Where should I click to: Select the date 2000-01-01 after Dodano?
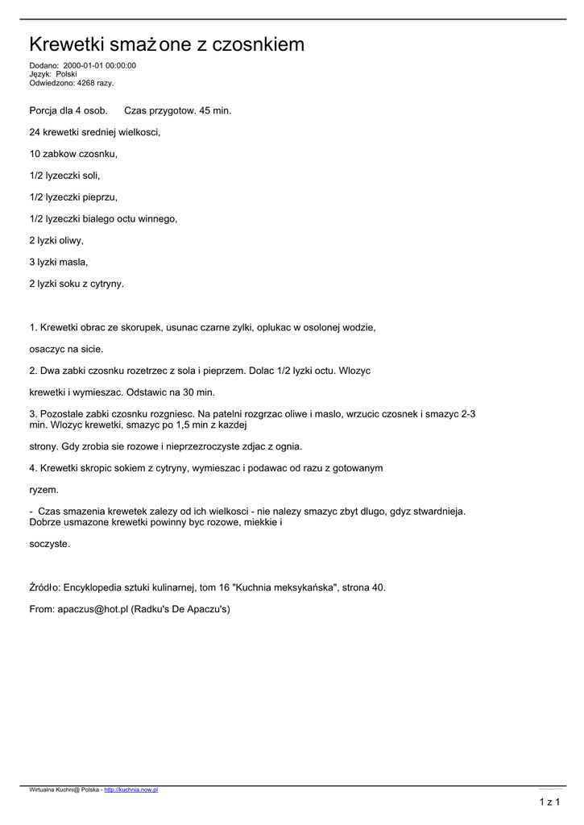pyautogui.click(x=81, y=66)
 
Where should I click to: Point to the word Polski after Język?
pyautogui.click(x=66, y=74)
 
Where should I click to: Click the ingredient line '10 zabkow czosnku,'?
pyautogui.click(x=73, y=153)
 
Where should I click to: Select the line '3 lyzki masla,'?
pyautogui.click(x=59, y=262)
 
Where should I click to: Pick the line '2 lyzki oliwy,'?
pyautogui.click(x=56, y=240)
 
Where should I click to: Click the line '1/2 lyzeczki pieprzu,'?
pyautogui.click(x=73, y=197)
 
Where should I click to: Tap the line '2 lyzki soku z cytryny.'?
pyautogui.click(x=77, y=284)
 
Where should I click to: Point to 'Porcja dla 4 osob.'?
pyautogui.click(x=68, y=110)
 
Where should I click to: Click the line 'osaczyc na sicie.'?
pyautogui.click(x=66, y=349)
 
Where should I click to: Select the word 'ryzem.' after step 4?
pyautogui.click(x=44, y=489)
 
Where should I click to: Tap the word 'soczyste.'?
pyautogui.click(x=50, y=544)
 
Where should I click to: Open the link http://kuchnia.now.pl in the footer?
pyautogui.click(x=131, y=790)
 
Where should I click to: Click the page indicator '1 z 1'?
pyautogui.click(x=549, y=802)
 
